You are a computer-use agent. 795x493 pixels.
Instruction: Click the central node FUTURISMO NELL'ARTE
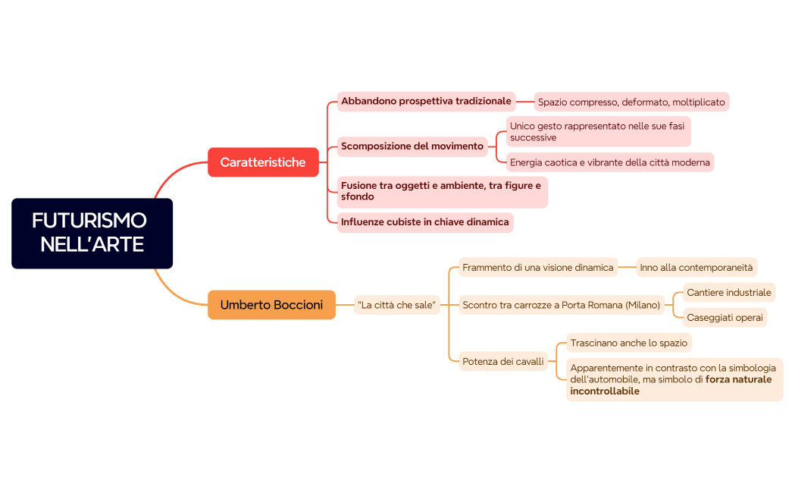(92, 234)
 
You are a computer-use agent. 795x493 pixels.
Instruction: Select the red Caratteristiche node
(263, 162)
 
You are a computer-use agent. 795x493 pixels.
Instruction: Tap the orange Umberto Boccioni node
(272, 305)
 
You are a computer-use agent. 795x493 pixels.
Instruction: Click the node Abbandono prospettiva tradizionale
(426, 102)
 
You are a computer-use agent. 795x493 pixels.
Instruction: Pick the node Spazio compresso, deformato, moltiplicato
(631, 102)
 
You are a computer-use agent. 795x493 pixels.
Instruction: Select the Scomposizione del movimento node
(412, 146)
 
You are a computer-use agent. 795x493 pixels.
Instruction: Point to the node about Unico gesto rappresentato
(598, 132)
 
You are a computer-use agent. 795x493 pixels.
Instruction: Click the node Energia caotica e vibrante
(610, 162)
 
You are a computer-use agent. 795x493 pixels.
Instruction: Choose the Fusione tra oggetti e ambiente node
(442, 192)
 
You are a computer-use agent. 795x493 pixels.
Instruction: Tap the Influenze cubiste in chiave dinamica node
(425, 222)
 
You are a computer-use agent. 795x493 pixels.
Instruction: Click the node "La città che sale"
(397, 305)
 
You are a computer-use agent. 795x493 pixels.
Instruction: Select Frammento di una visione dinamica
(538, 267)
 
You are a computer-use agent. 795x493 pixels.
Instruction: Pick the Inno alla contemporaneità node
(696, 267)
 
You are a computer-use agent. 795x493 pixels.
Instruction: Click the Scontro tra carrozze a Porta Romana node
(562, 305)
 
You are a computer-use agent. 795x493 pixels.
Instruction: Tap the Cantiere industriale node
(729, 293)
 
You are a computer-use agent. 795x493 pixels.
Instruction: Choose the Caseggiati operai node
(725, 318)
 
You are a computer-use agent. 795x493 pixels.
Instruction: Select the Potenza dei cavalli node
(503, 361)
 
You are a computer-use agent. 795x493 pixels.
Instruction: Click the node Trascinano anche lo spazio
(629, 343)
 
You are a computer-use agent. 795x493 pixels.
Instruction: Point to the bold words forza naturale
(738, 379)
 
